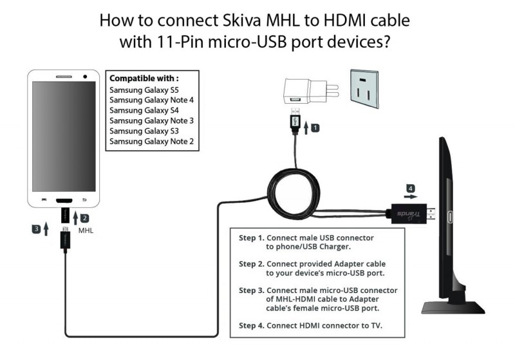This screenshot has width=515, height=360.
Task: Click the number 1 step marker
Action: pos(315,128)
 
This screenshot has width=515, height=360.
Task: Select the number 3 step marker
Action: pos(37,229)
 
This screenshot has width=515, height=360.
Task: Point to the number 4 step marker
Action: pos(409,189)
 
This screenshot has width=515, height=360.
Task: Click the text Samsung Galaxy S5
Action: pos(143,90)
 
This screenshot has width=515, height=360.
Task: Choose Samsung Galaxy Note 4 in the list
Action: pos(151,100)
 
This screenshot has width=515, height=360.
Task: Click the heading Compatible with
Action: pos(145,78)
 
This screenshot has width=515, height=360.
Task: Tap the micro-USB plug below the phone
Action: pos(65,240)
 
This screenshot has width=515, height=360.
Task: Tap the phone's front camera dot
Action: pos(85,77)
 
